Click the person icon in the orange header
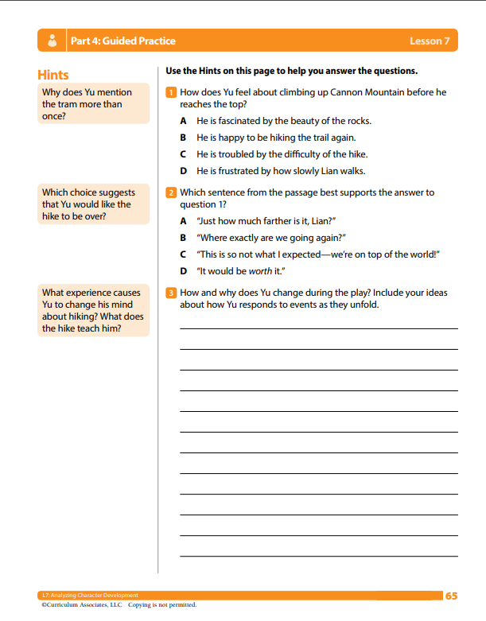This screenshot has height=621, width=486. (52, 41)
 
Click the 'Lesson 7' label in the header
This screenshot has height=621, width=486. (430, 41)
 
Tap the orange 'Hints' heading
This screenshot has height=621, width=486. (53, 75)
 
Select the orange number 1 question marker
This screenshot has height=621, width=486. (170, 92)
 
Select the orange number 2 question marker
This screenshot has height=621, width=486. (170, 192)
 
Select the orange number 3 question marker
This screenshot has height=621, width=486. (170, 293)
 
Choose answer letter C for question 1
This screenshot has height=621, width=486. (183, 154)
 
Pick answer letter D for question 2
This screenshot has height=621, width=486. (183, 271)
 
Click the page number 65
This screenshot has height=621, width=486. (451, 595)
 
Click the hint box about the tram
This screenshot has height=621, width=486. (93, 104)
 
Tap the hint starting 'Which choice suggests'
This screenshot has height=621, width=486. (93, 204)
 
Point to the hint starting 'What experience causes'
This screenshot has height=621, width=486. (93, 310)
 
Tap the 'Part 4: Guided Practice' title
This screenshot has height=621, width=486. (123, 41)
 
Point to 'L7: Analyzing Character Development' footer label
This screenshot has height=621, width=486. (90, 595)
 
